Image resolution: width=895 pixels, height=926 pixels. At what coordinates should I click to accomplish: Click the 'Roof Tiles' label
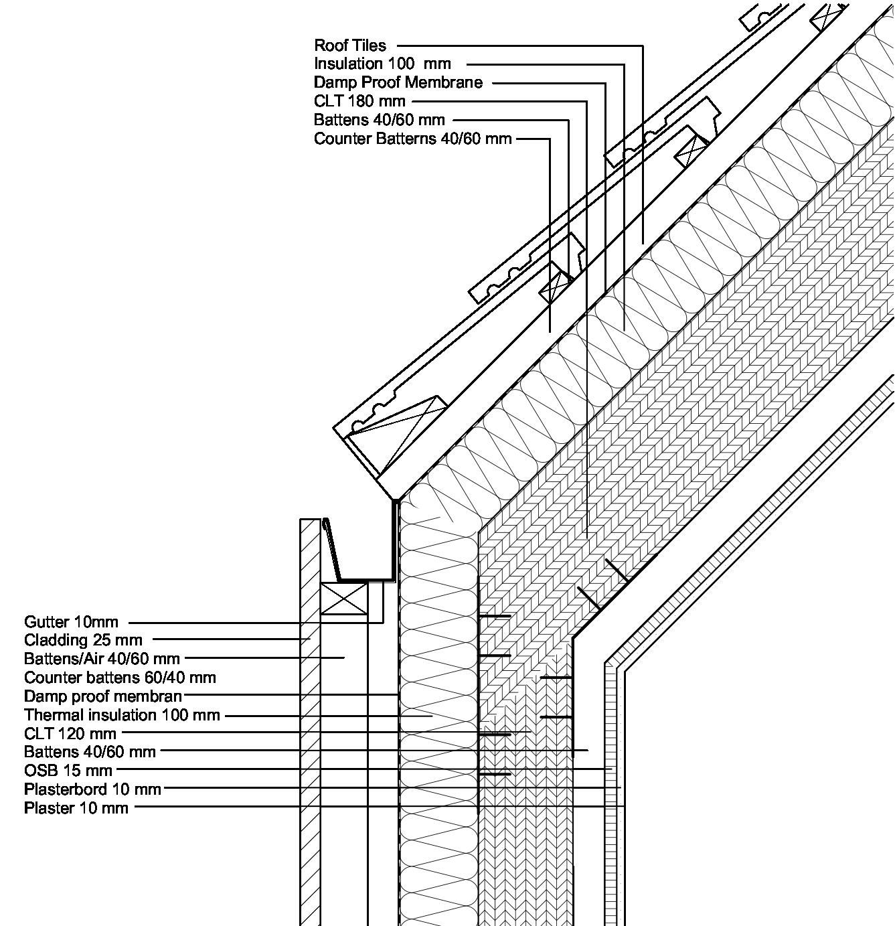(350, 46)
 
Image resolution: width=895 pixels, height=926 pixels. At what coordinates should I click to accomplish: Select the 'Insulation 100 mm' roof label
(382, 64)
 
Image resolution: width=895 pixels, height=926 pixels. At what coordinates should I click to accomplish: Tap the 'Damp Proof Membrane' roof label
(398, 82)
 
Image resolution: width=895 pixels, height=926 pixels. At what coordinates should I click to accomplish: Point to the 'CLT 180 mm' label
(359, 101)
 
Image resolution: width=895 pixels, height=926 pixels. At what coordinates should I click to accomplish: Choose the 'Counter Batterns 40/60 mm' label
(413, 139)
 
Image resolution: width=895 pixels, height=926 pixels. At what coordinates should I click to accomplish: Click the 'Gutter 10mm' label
(71, 622)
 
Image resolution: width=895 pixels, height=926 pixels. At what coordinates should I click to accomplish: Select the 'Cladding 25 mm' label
(83, 640)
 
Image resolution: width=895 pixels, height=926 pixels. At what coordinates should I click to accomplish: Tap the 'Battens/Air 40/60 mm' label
(102, 658)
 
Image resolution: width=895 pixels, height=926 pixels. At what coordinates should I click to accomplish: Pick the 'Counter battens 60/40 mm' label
(120, 677)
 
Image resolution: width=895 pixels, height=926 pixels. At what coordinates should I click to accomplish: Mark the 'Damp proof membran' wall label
(103, 696)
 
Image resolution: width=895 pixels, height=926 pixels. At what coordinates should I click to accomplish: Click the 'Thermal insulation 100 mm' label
(122, 715)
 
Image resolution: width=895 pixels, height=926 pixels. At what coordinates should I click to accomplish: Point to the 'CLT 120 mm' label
(70, 734)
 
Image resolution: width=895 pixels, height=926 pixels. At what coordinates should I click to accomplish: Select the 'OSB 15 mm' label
(68, 770)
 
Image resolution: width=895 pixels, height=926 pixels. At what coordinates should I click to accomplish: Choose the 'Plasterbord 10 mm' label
(92, 789)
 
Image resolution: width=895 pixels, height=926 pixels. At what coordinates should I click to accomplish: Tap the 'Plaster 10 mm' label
(76, 807)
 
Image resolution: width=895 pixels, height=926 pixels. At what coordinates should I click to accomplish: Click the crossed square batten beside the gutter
(344, 598)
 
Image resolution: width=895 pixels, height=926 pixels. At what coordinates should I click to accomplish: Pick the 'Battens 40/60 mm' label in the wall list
(90, 751)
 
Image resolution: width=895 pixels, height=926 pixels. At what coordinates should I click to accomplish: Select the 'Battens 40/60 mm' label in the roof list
(380, 120)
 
